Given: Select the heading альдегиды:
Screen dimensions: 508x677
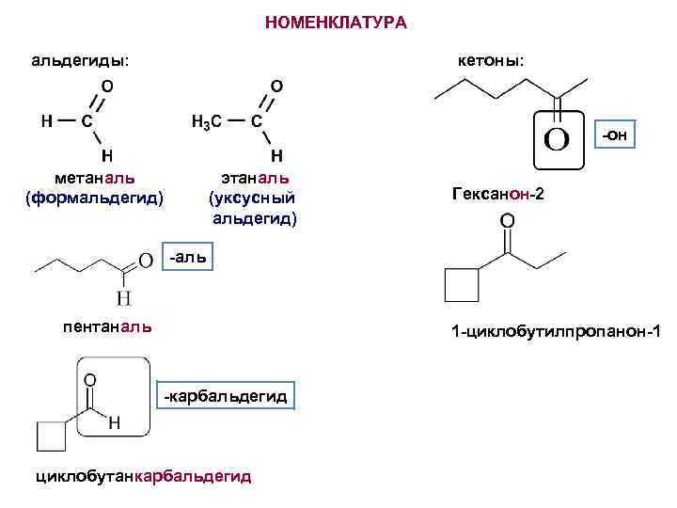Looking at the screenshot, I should pyautogui.click(x=81, y=61).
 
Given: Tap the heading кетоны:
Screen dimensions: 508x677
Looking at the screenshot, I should pyautogui.click(x=491, y=60).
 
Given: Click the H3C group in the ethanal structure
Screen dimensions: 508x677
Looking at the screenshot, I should pyautogui.click(x=206, y=122).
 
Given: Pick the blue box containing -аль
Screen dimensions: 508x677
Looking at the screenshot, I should pyautogui.click(x=189, y=256).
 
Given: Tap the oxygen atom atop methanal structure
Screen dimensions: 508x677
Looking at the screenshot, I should pyautogui.click(x=107, y=85).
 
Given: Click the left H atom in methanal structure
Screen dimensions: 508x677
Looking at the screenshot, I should pyautogui.click(x=45, y=120).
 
